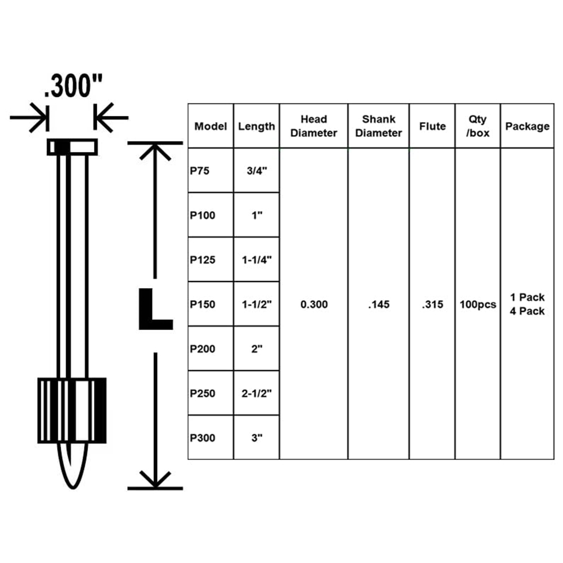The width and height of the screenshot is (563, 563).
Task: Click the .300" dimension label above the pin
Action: coord(73,86)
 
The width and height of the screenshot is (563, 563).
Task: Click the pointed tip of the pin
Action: coord(73,487)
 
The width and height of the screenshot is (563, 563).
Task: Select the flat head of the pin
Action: coord(72,147)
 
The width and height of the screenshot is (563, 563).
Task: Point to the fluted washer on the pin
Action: coord(72,410)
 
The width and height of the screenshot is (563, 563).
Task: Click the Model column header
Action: coord(211,126)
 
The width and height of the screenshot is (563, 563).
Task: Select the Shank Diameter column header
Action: coord(378,126)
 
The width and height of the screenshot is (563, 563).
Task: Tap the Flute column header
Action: coord(432,126)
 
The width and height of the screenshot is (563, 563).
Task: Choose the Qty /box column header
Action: coord(477,126)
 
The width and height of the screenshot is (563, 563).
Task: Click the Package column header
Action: coord(528,126)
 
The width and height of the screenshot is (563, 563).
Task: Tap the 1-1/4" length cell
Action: coord(257,260)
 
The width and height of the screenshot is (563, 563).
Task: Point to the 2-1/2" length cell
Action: coord(257,393)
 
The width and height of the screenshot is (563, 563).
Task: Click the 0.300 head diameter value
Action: coord(314,305)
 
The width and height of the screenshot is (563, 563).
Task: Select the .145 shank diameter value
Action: coord(379,305)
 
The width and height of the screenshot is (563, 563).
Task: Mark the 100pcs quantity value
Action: coord(478,305)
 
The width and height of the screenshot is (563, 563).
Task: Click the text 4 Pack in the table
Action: coord(528,311)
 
